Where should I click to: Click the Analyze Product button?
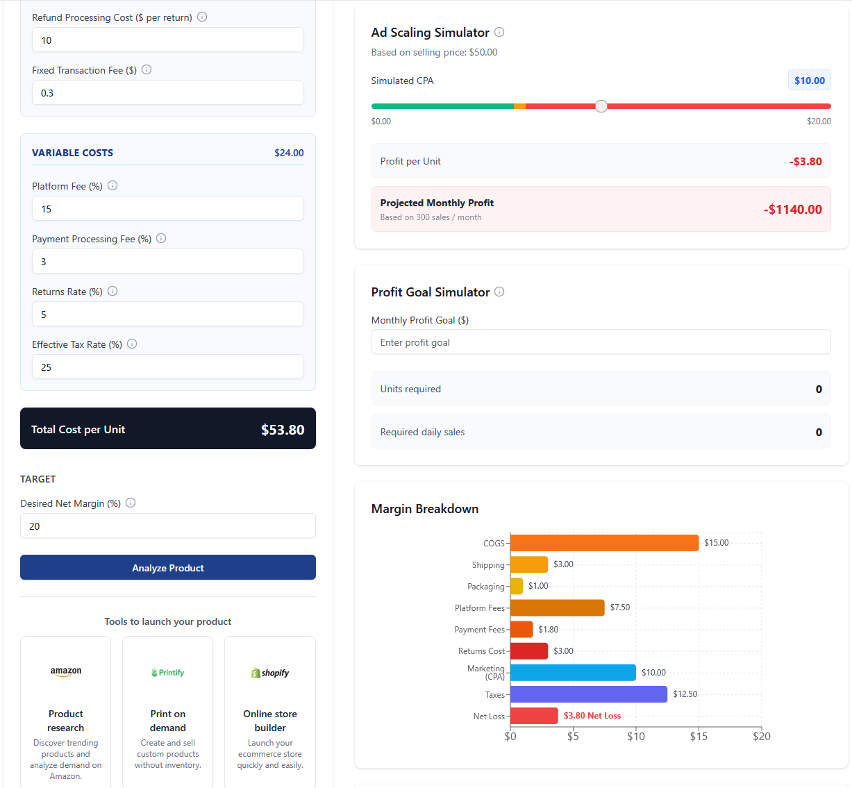(x=168, y=567)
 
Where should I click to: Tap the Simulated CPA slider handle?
(x=601, y=106)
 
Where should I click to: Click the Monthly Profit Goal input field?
(x=601, y=342)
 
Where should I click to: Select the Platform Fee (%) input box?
(x=168, y=209)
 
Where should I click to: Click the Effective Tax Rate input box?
(x=168, y=367)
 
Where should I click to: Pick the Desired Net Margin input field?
(x=168, y=526)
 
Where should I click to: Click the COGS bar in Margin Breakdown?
(x=604, y=543)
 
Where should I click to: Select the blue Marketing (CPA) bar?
(x=573, y=673)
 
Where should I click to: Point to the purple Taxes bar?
(x=588, y=694)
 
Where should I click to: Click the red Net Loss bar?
(x=534, y=716)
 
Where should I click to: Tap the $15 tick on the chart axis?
(x=699, y=737)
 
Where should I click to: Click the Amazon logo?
(x=66, y=671)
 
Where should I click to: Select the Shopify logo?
(x=270, y=673)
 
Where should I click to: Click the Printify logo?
(x=168, y=673)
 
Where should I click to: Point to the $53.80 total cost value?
(x=283, y=430)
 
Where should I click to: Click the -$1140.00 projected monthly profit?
(x=792, y=210)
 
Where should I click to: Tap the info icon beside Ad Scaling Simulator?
(x=499, y=32)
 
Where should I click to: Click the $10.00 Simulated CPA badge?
(x=809, y=81)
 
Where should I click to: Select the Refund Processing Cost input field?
(x=168, y=40)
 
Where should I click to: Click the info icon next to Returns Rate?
(x=112, y=292)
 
